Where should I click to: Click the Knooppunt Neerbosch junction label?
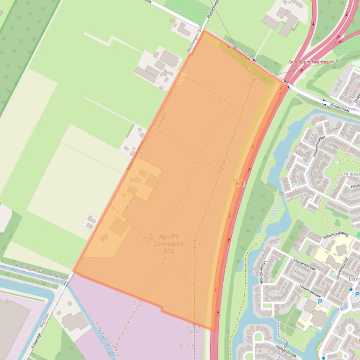(310, 62)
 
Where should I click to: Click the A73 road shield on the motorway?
(239, 184)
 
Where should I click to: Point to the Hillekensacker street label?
(320, 145)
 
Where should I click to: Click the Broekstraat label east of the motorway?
(340, 106)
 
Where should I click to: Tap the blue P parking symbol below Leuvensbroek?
(321, 302)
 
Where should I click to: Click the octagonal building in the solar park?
(103, 238)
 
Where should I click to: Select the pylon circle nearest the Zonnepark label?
(195, 241)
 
